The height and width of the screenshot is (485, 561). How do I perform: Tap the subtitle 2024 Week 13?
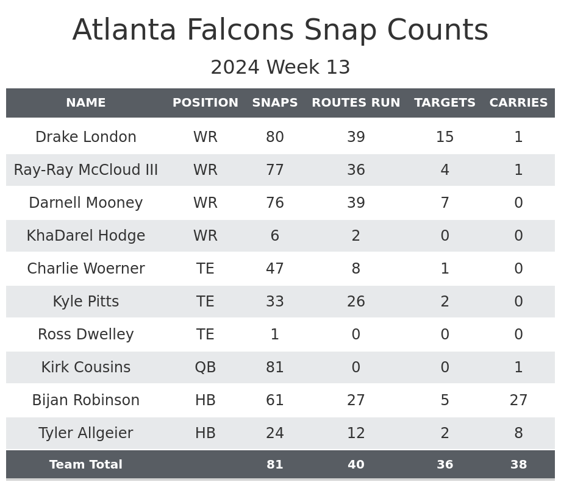click(x=280, y=68)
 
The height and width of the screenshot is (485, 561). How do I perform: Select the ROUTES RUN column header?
click(x=356, y=103)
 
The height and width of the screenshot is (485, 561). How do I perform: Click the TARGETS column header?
click(x=445, y=103)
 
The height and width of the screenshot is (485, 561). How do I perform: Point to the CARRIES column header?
click(x=518, y=103)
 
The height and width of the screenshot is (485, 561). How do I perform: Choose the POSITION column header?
click(x=205, y=103)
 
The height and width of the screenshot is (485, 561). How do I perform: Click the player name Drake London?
click(x=86, y=137)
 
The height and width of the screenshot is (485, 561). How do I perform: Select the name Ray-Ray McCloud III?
click(x=86, y=170)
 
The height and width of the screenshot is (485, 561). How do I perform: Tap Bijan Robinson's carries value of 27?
click(x=518, y=400)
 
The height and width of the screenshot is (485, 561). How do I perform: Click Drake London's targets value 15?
click(x=445, y=137)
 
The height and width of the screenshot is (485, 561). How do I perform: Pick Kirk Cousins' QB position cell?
click(x=205, y=367)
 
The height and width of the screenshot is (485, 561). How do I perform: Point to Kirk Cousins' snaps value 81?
click(x=275, y=367)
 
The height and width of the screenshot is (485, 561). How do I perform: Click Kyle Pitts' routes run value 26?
click(x=356, y=302)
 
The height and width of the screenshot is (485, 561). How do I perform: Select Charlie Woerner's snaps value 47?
click(x=275, y=269)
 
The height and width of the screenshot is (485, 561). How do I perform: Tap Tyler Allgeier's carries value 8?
click(x=518, y=433)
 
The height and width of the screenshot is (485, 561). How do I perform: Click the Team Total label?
click(x=86, y=465)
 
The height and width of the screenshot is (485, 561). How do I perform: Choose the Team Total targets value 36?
click(x=445, y=465)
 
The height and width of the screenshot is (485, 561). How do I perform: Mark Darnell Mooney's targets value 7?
click(x=445, y=203)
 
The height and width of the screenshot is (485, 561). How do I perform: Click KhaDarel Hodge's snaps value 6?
click(x=275, y=236)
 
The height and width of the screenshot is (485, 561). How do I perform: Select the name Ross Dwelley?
click(x=86, y=335)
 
